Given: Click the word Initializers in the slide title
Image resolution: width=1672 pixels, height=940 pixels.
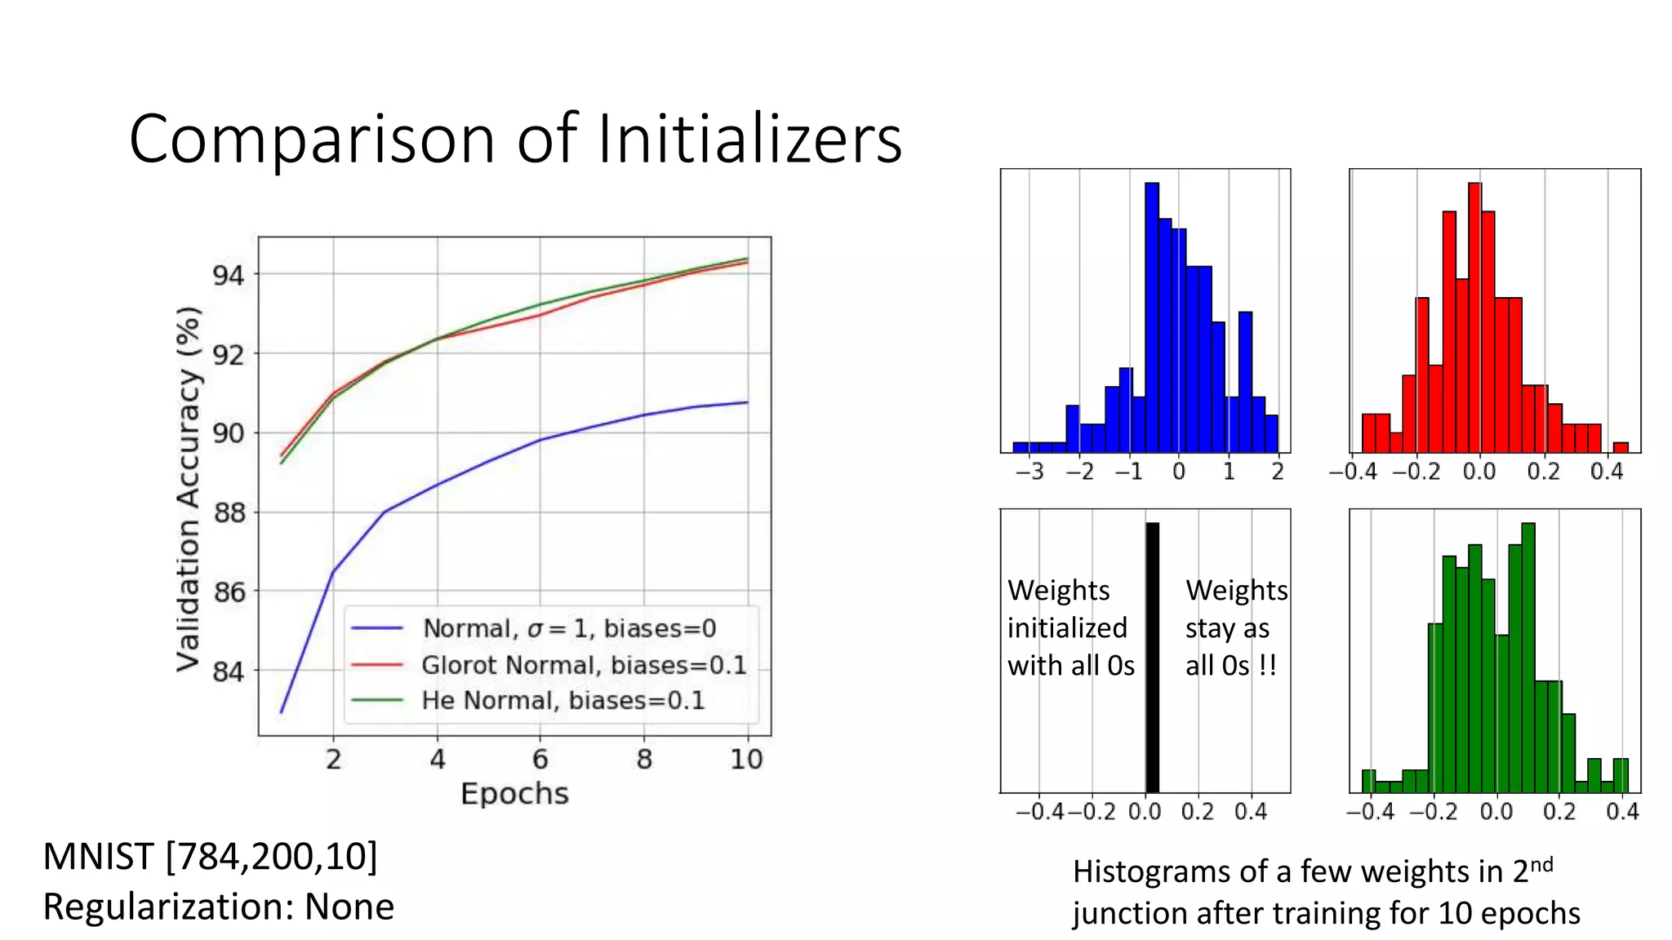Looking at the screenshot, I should pyautogui.click(x=749, y=139).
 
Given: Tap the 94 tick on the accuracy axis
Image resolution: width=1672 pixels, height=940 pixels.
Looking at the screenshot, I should pyautogui.click(x=229, y=275).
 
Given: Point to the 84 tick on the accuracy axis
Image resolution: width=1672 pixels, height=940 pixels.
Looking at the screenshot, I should pyautogui.click(x=229, y=672).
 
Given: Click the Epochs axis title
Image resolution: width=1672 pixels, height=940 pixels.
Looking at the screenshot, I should pyautogui.click(x=514, y=794).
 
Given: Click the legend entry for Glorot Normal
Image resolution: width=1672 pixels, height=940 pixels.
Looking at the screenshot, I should pyautogui.click(x=583, y=665).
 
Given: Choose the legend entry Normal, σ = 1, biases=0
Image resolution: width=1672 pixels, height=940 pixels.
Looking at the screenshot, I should pyautogui.click(x=568, y=628).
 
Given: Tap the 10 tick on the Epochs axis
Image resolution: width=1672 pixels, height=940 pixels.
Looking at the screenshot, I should pyautogui.click(x=745, y=760).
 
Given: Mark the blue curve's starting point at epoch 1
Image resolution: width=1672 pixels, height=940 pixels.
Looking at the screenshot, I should pyautogui.click(x=282, y=712).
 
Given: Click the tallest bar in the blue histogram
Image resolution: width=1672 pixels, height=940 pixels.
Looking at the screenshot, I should pyautogui.click(x=1152, y=318).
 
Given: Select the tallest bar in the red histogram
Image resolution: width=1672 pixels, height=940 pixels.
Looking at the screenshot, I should pyautogui.click(x=1474, y=318).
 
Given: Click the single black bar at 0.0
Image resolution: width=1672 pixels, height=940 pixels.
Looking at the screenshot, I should pyautogui.click(x=1152, y=657).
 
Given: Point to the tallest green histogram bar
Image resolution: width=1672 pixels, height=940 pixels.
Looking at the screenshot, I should pyautogui.click(x=1528, y=657).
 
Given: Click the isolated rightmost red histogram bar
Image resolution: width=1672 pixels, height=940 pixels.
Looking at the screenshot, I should pyautogui.click(x=1621, y=447).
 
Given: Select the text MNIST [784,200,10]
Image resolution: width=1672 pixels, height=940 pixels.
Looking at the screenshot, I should pyautogui.click(x=210, y=857).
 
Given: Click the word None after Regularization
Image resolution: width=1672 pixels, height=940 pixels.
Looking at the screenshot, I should pyautogui.click(x=349, y=907).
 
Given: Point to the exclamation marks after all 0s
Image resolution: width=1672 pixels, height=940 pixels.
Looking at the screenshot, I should pyautogui.click(x=1267, y=666).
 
